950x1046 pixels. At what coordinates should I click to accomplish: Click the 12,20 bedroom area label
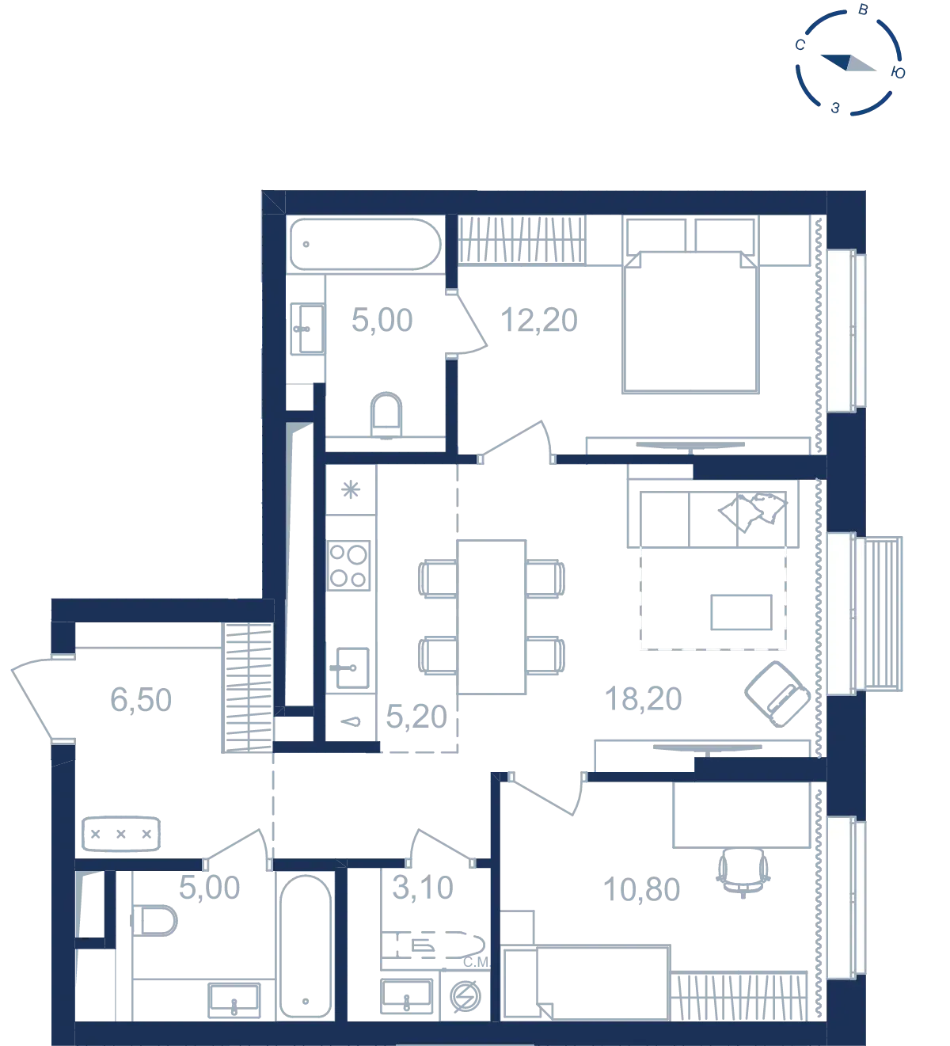[x=538, y=320]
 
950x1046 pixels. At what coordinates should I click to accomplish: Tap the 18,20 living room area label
[x=643, y=698]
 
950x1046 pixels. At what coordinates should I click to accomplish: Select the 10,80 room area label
[x=641, y=889]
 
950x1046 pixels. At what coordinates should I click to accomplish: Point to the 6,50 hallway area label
[x=141, y=700]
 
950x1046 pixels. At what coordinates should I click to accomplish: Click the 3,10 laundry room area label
[x=422, y=888]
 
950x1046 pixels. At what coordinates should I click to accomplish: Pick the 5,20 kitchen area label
[x=416, y=717]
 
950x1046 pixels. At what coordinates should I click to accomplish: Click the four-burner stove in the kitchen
[x=348, y=565]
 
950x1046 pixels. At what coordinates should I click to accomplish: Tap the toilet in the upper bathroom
[x=386, y=415]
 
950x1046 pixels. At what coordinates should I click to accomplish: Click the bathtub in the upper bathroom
[x=365, y=244]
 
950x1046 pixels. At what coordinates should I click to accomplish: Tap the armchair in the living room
[x=777, y=694]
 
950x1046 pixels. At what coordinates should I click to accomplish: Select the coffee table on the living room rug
[x=741, y=612]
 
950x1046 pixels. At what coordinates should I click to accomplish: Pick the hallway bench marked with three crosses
[x=121, y=834]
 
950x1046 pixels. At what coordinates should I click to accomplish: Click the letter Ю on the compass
[x=898, y=73]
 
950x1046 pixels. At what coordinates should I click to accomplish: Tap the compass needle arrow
[x=849, y=63]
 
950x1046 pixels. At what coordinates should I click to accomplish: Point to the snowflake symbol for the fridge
[x=351, y=489]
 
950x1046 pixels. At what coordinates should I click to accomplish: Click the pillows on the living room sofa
[x=753, y=512]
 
